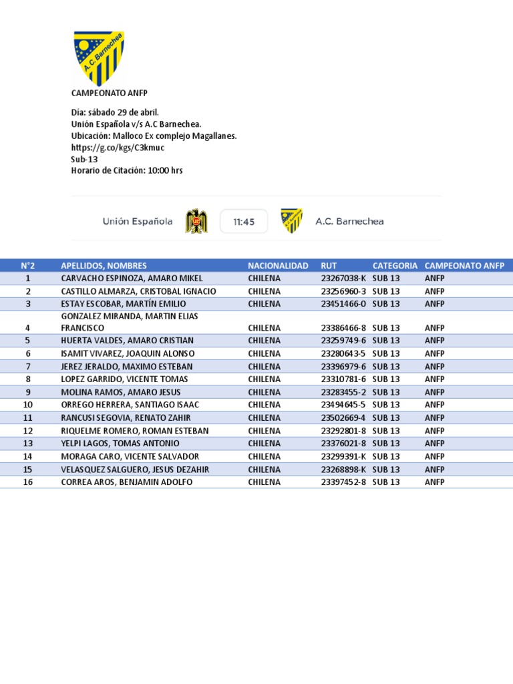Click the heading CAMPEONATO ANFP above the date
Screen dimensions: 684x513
coord(104,93)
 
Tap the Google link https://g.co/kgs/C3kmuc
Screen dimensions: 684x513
coord(118,147)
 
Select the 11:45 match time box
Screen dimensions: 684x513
coord(244,222)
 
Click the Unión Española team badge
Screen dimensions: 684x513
coord(196,221)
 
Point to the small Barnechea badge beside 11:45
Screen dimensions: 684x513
coord(291,221)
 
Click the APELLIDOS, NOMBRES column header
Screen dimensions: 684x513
coord(104,265)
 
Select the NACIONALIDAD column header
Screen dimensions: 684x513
coord(278,265)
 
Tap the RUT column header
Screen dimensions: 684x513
coord(329,265)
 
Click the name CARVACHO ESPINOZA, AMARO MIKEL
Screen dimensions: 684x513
coord(132,278)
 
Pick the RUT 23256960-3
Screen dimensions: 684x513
coord(343,291)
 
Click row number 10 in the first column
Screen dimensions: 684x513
coord(28,405)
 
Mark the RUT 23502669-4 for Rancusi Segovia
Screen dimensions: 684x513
coord(343,417)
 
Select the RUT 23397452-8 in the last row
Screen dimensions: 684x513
coord(343,482)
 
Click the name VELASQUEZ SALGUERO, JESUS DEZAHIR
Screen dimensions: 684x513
coord(135,470)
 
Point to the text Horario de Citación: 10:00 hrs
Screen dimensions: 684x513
coord(127,170)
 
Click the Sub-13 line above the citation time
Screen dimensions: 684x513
coord(84,159)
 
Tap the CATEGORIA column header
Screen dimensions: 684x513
coord(395,265)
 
